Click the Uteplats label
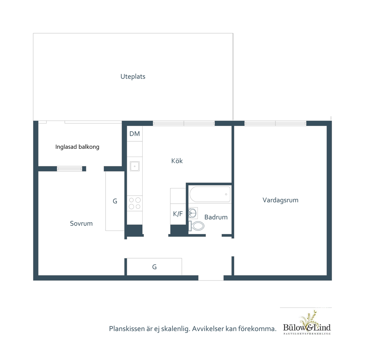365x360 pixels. point(133,77)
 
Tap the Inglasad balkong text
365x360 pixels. point(77,147)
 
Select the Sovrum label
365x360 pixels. point(81,223)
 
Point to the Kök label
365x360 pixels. point(177,161)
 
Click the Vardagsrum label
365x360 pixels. point(281,200)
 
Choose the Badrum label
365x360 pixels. point(216,217)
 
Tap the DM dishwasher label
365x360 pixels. point(134,134)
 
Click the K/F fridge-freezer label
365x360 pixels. point(178,214)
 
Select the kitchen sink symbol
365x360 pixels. point(134,166)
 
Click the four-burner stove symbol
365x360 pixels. point(134,203)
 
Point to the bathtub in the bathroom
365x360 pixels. point(210,194)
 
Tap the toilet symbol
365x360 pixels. point(196,226)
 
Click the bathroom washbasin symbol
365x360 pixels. point(193,213)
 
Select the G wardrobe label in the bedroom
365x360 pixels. point(115,201)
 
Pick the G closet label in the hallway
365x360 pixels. point(154,267)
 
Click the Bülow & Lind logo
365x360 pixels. point(307,323)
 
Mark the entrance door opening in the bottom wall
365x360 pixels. point(211,278)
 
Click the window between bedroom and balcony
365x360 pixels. point(70,169)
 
